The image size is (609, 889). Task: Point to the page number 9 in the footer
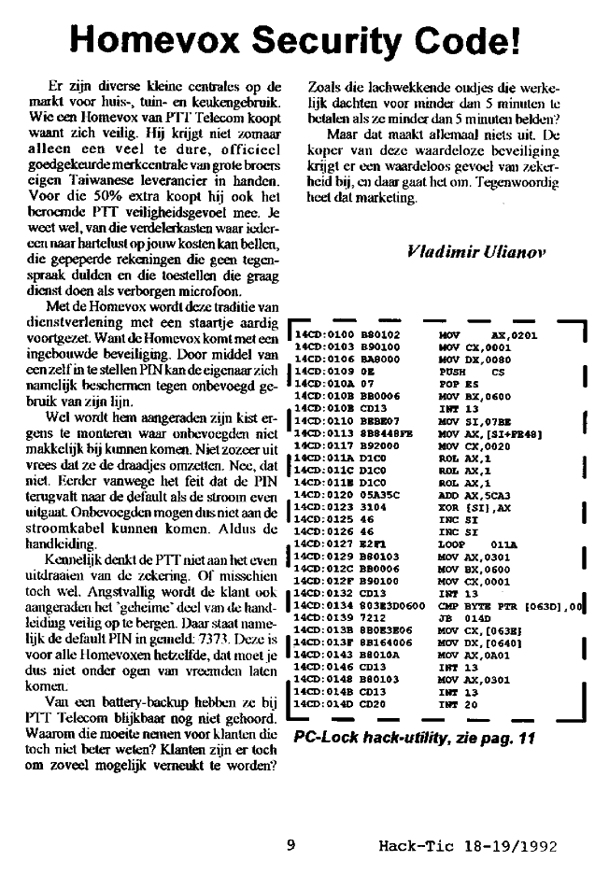tap(290, 846)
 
